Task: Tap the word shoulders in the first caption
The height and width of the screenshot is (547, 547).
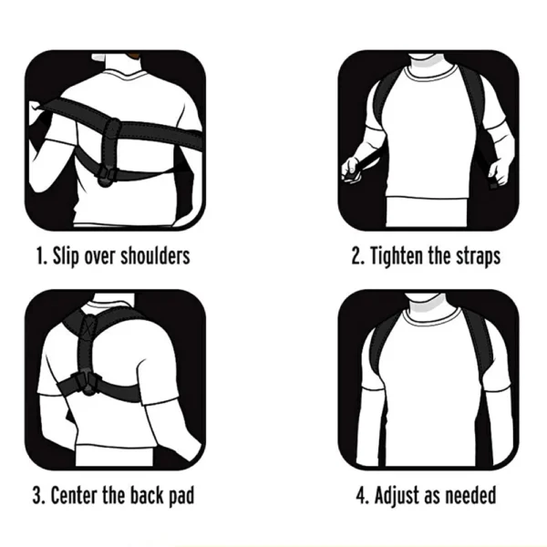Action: pos(155,255)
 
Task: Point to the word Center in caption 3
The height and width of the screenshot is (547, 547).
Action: pos(75,495)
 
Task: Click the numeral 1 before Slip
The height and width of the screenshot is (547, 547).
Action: pos(40,256)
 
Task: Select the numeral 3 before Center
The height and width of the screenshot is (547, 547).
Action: pos(36,495)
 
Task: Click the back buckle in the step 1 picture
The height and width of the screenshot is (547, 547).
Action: pos(106,175)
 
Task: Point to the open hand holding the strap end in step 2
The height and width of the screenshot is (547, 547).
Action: pos(498,172)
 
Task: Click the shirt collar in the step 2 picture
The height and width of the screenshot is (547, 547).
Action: pos(431,73)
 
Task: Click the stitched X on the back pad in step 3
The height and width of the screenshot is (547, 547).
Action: pos(87,327)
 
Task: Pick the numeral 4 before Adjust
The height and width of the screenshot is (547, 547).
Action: pos(361,495)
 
